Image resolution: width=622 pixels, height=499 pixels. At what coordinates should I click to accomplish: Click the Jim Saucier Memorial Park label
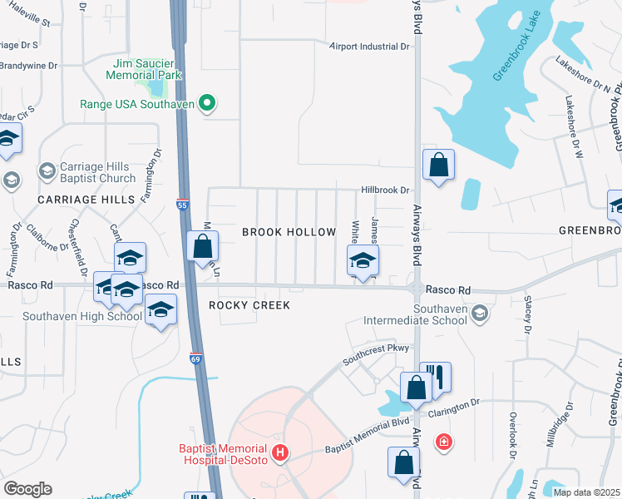tap(143, 68)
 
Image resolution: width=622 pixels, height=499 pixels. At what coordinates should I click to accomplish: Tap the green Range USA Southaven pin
tap(207, 104)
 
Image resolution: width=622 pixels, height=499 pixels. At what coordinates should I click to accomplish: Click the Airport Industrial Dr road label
tap(368, 47)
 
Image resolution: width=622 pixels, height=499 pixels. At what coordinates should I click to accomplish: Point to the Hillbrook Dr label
tap(386, 190)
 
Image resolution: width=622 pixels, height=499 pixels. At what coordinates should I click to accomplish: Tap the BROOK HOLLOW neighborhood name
tap(289, 232)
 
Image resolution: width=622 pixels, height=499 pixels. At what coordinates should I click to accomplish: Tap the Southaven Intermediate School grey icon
tap(479, 313)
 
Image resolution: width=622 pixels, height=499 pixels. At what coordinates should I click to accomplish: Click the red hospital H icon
tap(281, 452)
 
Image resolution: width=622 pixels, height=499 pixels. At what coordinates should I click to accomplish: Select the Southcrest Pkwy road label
tap(376, 356)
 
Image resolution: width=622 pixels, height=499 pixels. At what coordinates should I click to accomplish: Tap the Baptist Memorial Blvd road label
tap(368, 434)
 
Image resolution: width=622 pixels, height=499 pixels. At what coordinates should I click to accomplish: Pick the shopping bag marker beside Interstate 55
tap(203, 246)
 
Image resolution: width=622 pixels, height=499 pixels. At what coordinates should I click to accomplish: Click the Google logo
tap(28, 489)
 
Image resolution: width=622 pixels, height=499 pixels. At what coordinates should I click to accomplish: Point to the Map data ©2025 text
tap(586, 492)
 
